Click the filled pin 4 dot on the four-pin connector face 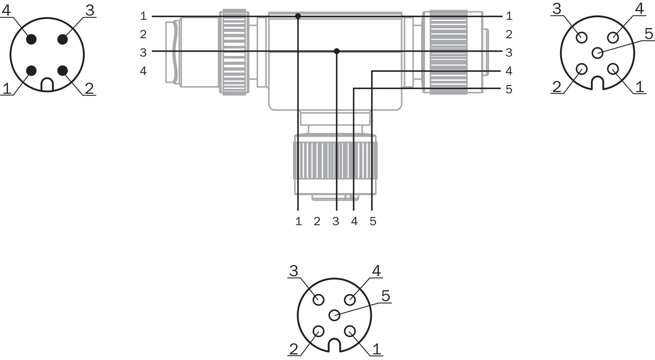tap(31, 39)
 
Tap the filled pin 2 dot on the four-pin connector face tap(63, 71)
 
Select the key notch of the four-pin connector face tap(47, 85)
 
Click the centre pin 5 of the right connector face tap(597, 53)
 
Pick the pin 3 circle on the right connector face tap(582, 37)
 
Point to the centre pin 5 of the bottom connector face tap(334, 315)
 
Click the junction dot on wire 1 tap(298, 16)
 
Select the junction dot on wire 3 tap(337, 51)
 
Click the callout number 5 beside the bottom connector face tap(385, 296)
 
